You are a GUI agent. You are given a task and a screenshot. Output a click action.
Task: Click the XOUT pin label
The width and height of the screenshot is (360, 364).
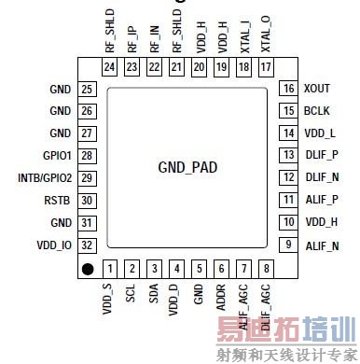point(318,89)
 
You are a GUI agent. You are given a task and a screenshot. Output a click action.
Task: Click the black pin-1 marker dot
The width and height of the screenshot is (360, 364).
point(88,270)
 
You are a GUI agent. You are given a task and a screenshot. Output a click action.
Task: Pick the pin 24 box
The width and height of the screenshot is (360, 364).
point(109,66)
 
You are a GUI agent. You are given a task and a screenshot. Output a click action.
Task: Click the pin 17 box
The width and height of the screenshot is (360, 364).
point(266,66)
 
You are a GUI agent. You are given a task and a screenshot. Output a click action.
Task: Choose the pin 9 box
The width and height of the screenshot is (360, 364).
point(287,245)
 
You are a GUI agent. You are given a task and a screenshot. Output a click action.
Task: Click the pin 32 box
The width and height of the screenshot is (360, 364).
point(88,245)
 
